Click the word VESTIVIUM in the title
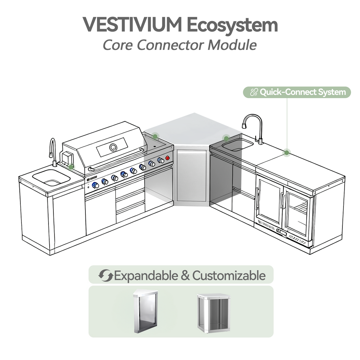pos(132,25)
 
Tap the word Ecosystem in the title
pos(232,26)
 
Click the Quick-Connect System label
pos(302,92)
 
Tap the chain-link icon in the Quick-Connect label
pos(253,92)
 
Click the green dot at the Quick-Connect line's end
pos(287,152)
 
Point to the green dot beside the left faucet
pos(71,167)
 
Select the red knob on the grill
pos(167,158)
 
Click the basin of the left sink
pos(51,178)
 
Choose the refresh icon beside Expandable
pos(105,275)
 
